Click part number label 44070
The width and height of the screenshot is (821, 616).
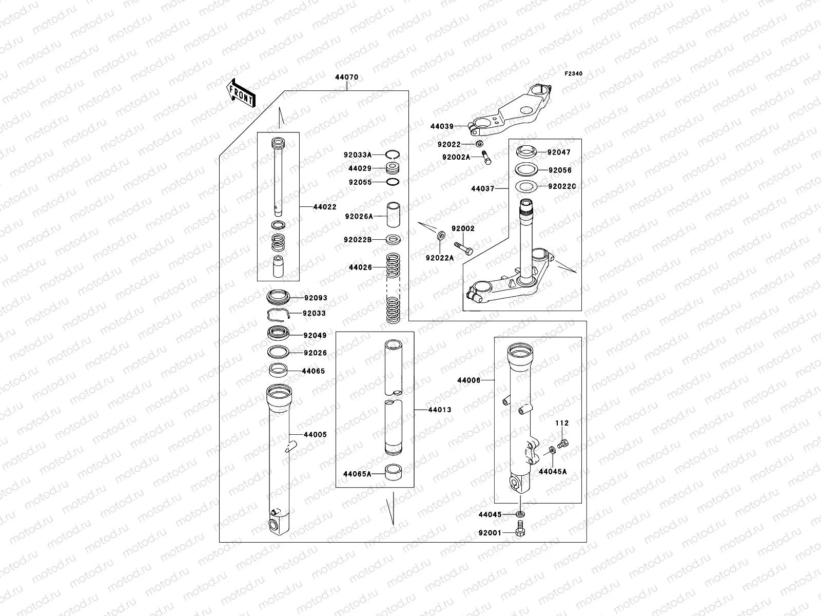346,78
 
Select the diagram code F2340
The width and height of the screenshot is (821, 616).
574,74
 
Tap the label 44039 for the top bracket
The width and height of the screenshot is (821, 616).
442,126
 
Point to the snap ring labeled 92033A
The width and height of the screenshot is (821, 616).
393,155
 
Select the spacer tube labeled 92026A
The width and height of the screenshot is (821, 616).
393,216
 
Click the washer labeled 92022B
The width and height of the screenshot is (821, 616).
393,239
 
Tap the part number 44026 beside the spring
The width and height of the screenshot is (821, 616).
360,267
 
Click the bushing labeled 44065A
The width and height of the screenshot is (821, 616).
393,472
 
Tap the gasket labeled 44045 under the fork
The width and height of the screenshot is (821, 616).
521,514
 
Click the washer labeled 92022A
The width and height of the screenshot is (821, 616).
441,237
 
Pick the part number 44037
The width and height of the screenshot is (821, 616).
482,189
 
